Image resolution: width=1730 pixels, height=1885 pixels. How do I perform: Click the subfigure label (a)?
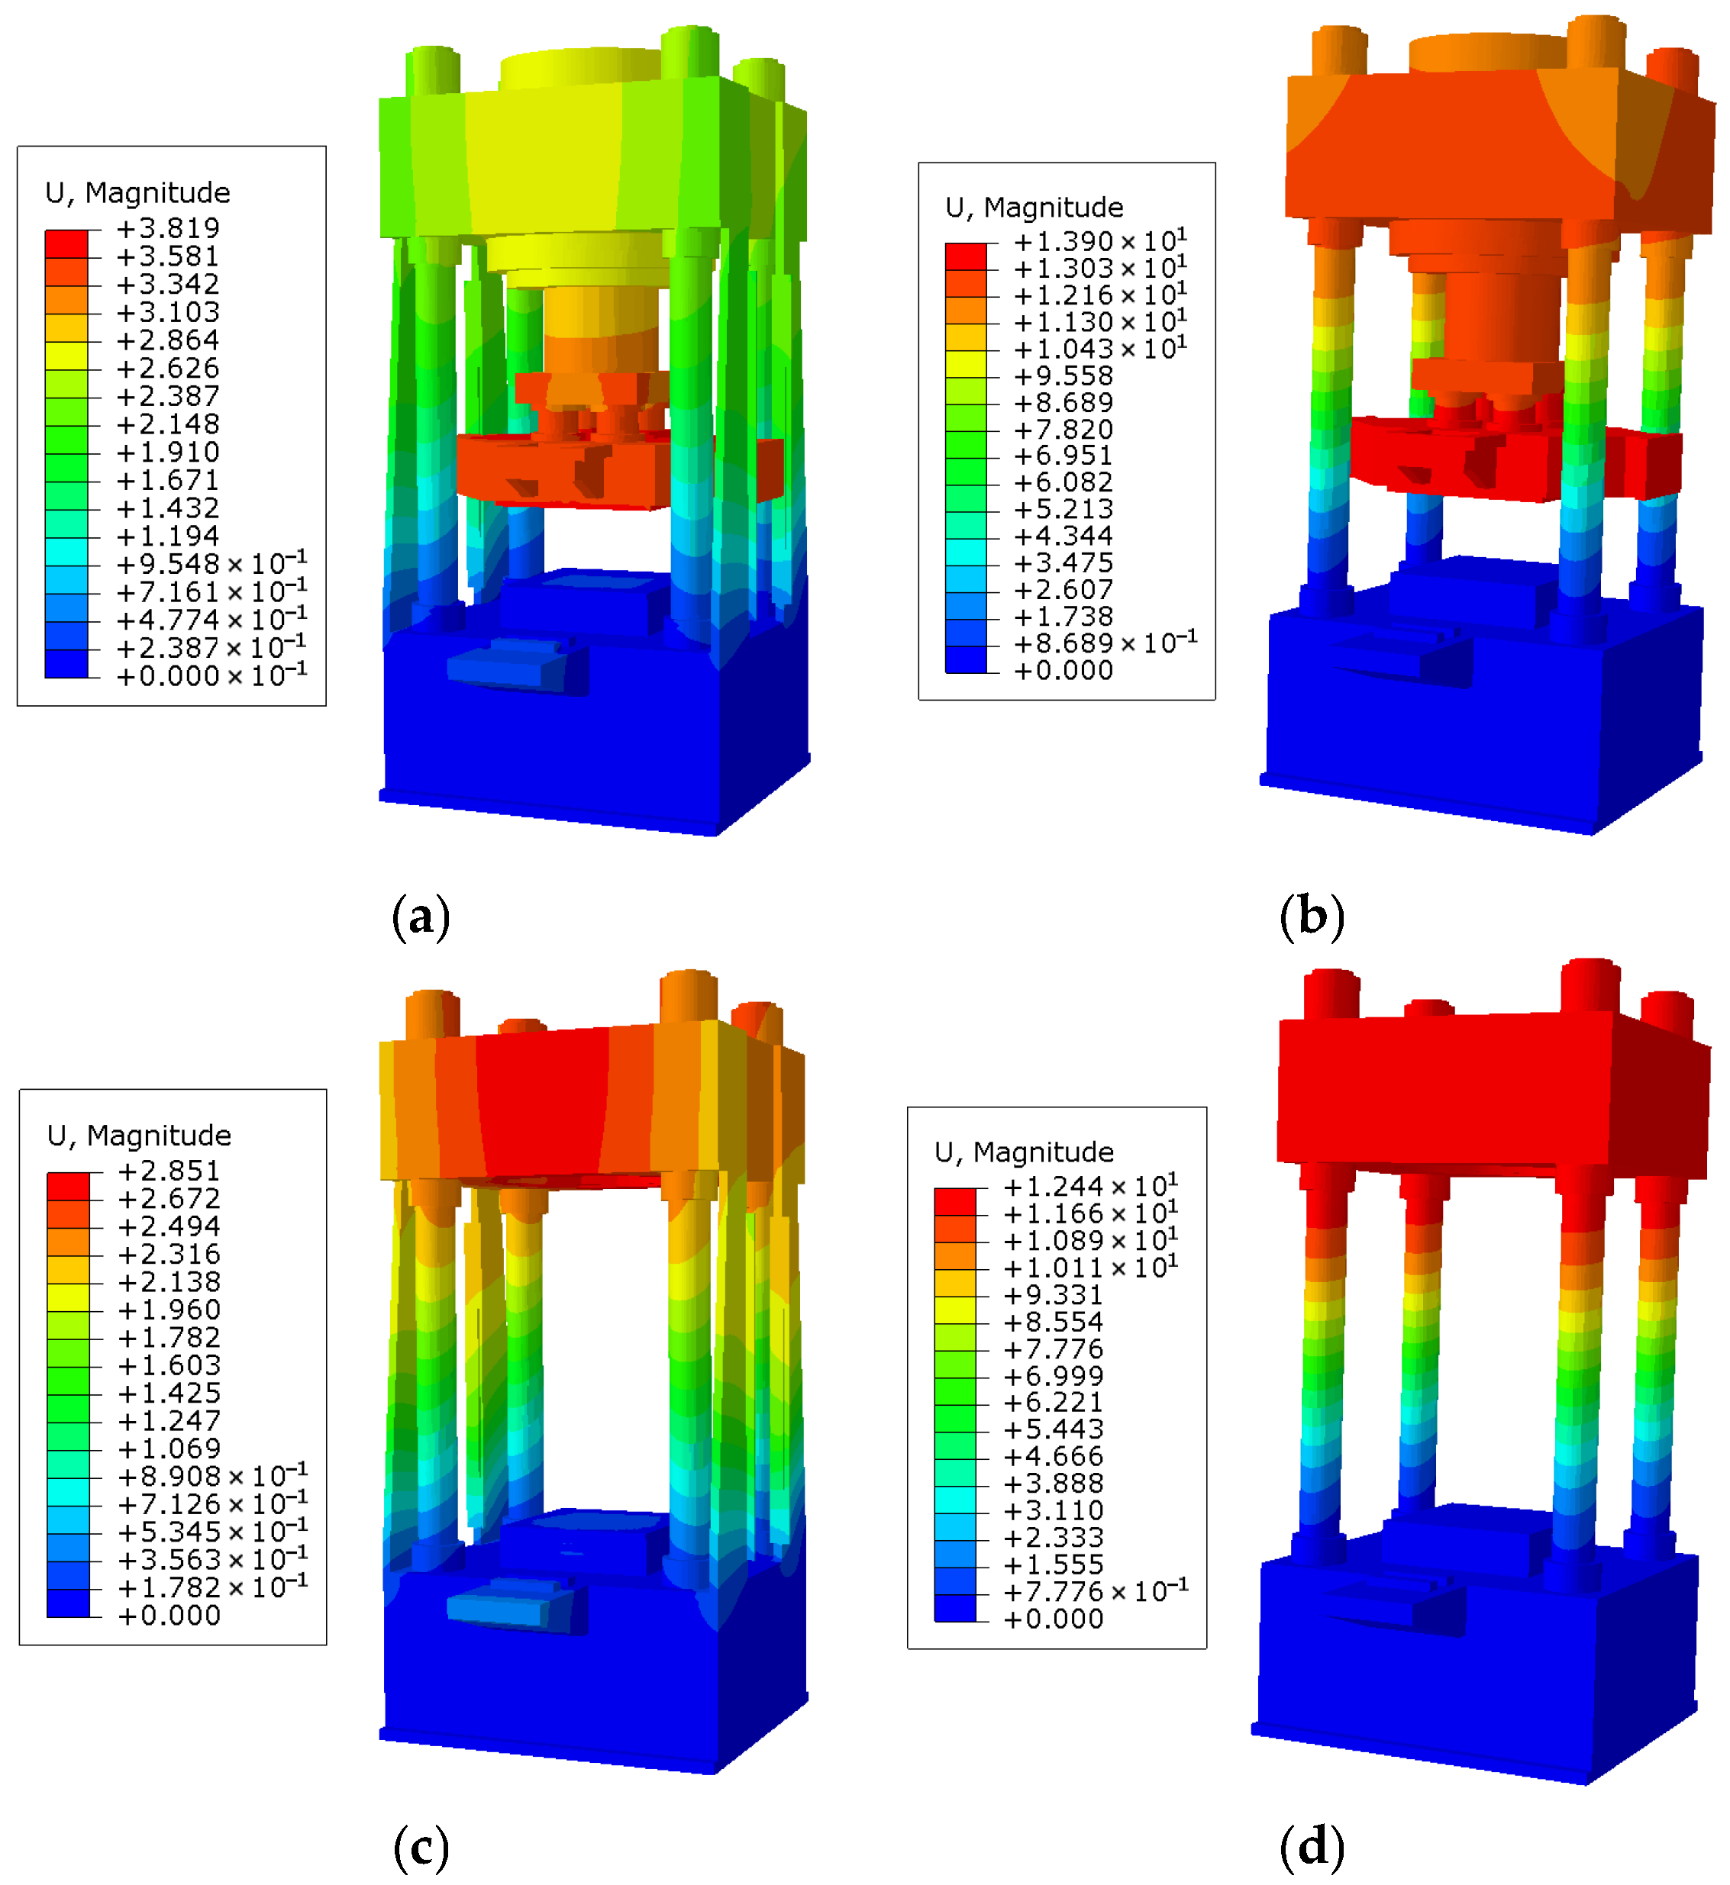click(421, 917)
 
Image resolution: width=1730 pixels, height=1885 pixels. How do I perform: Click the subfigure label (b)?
click(1312, 917)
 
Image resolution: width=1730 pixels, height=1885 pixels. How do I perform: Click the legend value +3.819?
click(167, 227)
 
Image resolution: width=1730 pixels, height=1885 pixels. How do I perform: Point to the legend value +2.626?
click(167, 368)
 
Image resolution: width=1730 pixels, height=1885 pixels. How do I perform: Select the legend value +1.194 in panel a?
click(167, 536)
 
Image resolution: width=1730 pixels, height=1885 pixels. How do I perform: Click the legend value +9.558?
click(1063, 375)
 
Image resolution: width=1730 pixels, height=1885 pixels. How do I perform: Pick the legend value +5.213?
click(1063, 509)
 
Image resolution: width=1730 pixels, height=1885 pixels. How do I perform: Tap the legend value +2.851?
click(169, 1171)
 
